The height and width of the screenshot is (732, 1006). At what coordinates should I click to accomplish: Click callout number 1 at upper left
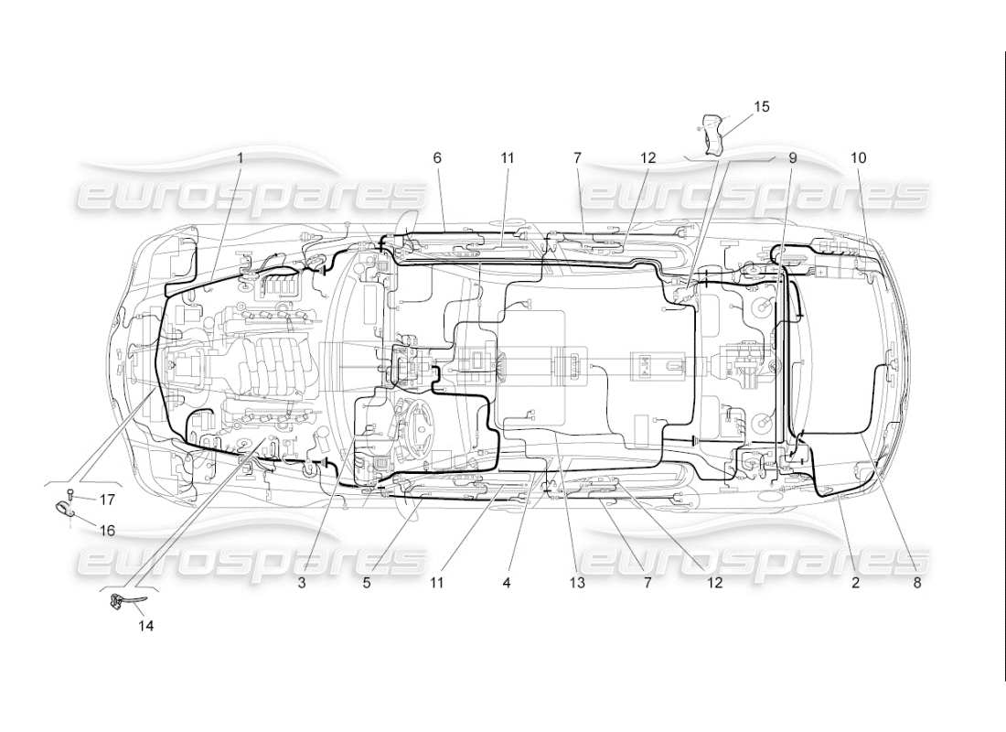pyautogui.click(x=241, y=157)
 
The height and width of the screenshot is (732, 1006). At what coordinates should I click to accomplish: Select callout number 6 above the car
pyautogui.click(x=437, y=157)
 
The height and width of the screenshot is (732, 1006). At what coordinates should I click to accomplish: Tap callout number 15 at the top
pyautogui.click(x=761, y=106)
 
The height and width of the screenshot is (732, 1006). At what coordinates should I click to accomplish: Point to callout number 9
pyautogui.click(x=793, y=157)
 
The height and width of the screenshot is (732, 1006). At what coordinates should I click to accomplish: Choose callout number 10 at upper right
pyautogui.click(x=858, y=157)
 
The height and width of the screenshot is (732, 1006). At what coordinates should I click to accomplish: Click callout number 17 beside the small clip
pyautogui.click(x=107, y=500)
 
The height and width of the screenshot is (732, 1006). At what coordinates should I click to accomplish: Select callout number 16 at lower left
pyautogui.click(x=107, y=530)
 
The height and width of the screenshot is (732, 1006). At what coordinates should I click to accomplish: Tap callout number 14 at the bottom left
pyautogui.click(x=146, y=626)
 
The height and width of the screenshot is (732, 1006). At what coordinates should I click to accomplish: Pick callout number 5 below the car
pyautogui.click(x=365, y=582)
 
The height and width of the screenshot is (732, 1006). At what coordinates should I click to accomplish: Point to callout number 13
pyautogui.click(x=575, y=582)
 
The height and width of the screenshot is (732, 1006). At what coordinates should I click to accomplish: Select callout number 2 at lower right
pyautogui.click(x=856, y=582)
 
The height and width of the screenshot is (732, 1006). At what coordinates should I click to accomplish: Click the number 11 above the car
pyautogui.click(x=508, y=157)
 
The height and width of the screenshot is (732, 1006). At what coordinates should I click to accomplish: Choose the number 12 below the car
pyautogui.click(x=714, y=582)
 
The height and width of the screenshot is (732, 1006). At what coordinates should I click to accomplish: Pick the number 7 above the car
pyautogui.click(x=577, y=157)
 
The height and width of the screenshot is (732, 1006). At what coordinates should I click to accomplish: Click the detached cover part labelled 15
pyautogui.click(x=714, y=133)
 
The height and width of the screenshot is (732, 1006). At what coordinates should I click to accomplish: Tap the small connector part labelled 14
pyautogui.click(x=120, y=601)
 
